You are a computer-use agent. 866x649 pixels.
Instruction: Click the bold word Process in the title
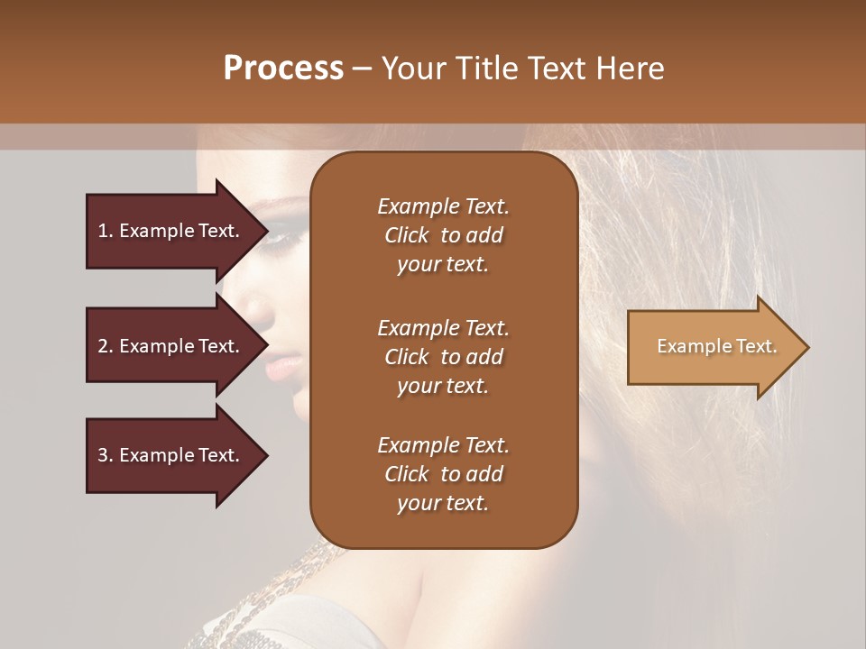(283, 69)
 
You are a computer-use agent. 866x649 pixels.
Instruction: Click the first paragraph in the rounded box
(443, 235)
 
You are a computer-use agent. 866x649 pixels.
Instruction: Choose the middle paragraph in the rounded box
(443, 357)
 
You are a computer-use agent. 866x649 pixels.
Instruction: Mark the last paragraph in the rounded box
(443, 474)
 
